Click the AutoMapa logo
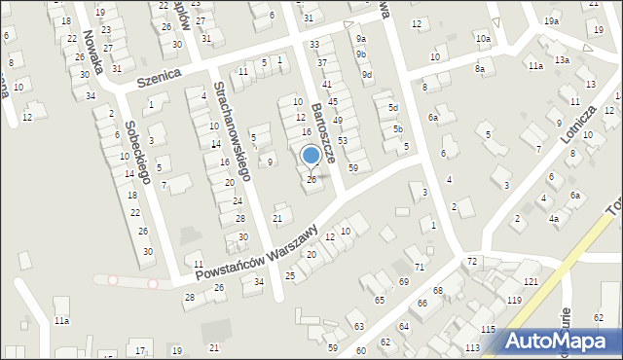pos(563,341)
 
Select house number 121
pos(531,281)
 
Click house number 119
pos(514,300)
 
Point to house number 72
pos(472,263)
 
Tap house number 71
pos(420,267)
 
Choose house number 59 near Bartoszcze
pos(352,168)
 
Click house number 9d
pos(366,74)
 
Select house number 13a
pos(562,60)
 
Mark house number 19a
pos(552,21)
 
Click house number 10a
pos(483,38)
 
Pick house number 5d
pos(393,107)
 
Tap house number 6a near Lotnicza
pos(576,196)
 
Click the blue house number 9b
pos(361,55)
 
